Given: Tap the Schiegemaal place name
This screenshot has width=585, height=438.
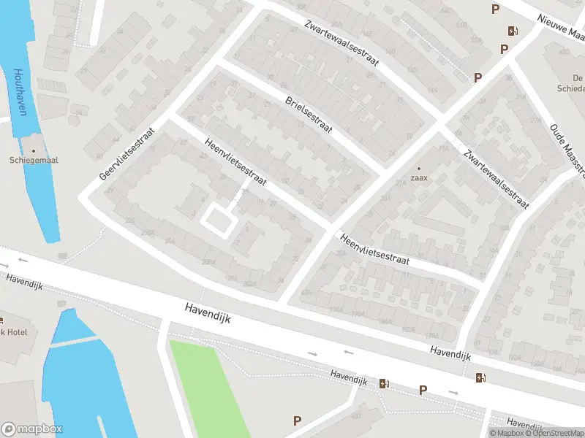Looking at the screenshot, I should tap(34, 161).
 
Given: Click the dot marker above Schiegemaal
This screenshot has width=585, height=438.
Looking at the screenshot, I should tap(34, 151).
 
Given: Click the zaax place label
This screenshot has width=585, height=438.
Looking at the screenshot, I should tap(419, 177).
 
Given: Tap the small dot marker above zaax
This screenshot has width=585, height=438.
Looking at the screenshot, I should tap(419, 168).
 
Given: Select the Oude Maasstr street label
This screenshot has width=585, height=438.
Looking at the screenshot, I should tap(567, 150).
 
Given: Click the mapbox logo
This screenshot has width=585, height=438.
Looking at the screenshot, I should tap(32, 429).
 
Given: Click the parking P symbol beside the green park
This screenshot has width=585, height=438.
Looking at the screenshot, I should tap(297, 420).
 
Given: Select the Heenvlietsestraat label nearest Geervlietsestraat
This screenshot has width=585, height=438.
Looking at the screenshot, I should tap(236, 160).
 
